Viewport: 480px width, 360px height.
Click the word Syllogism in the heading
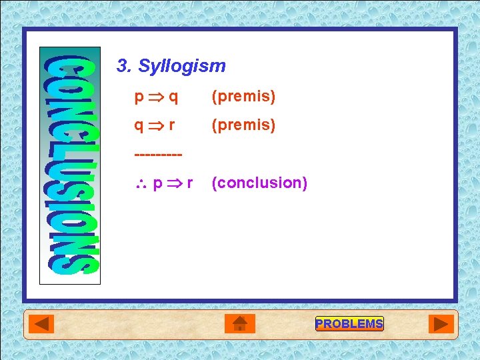(182, 66)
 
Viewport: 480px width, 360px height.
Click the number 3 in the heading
(121, 66)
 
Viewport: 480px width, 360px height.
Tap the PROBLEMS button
(349, 324)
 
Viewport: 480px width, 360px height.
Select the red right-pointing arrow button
(441, 324)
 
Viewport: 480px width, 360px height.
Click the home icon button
(240, 324)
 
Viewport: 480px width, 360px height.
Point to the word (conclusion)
(259, 183)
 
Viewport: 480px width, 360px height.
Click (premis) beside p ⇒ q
(243, 97)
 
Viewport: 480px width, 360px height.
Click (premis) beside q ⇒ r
(243, 125)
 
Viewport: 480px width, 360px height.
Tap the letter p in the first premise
(139, 97)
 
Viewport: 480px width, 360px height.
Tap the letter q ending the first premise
(173, 97)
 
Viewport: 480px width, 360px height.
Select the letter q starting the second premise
(139, 125)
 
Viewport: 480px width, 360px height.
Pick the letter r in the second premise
(172, 125)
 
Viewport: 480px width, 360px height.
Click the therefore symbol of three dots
(141, 183)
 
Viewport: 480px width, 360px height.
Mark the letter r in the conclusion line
(190, 183)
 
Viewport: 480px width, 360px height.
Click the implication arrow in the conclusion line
(175, 183)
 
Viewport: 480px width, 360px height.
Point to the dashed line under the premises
(158, 155)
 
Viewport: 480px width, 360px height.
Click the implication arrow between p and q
(156, 97)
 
